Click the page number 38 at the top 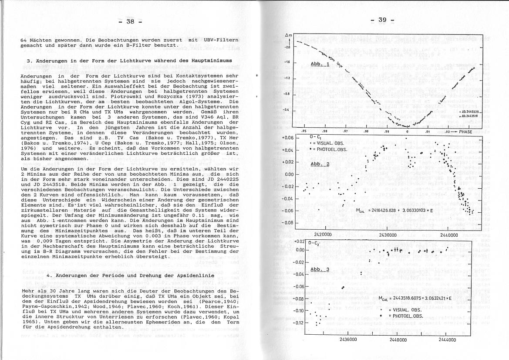pos(130,21)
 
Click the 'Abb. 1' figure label pos(320,64)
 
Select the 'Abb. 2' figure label pos(320,164)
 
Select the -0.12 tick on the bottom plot pos(298,323)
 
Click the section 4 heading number pos(47,276)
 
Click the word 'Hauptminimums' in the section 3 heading pos(210,61)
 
